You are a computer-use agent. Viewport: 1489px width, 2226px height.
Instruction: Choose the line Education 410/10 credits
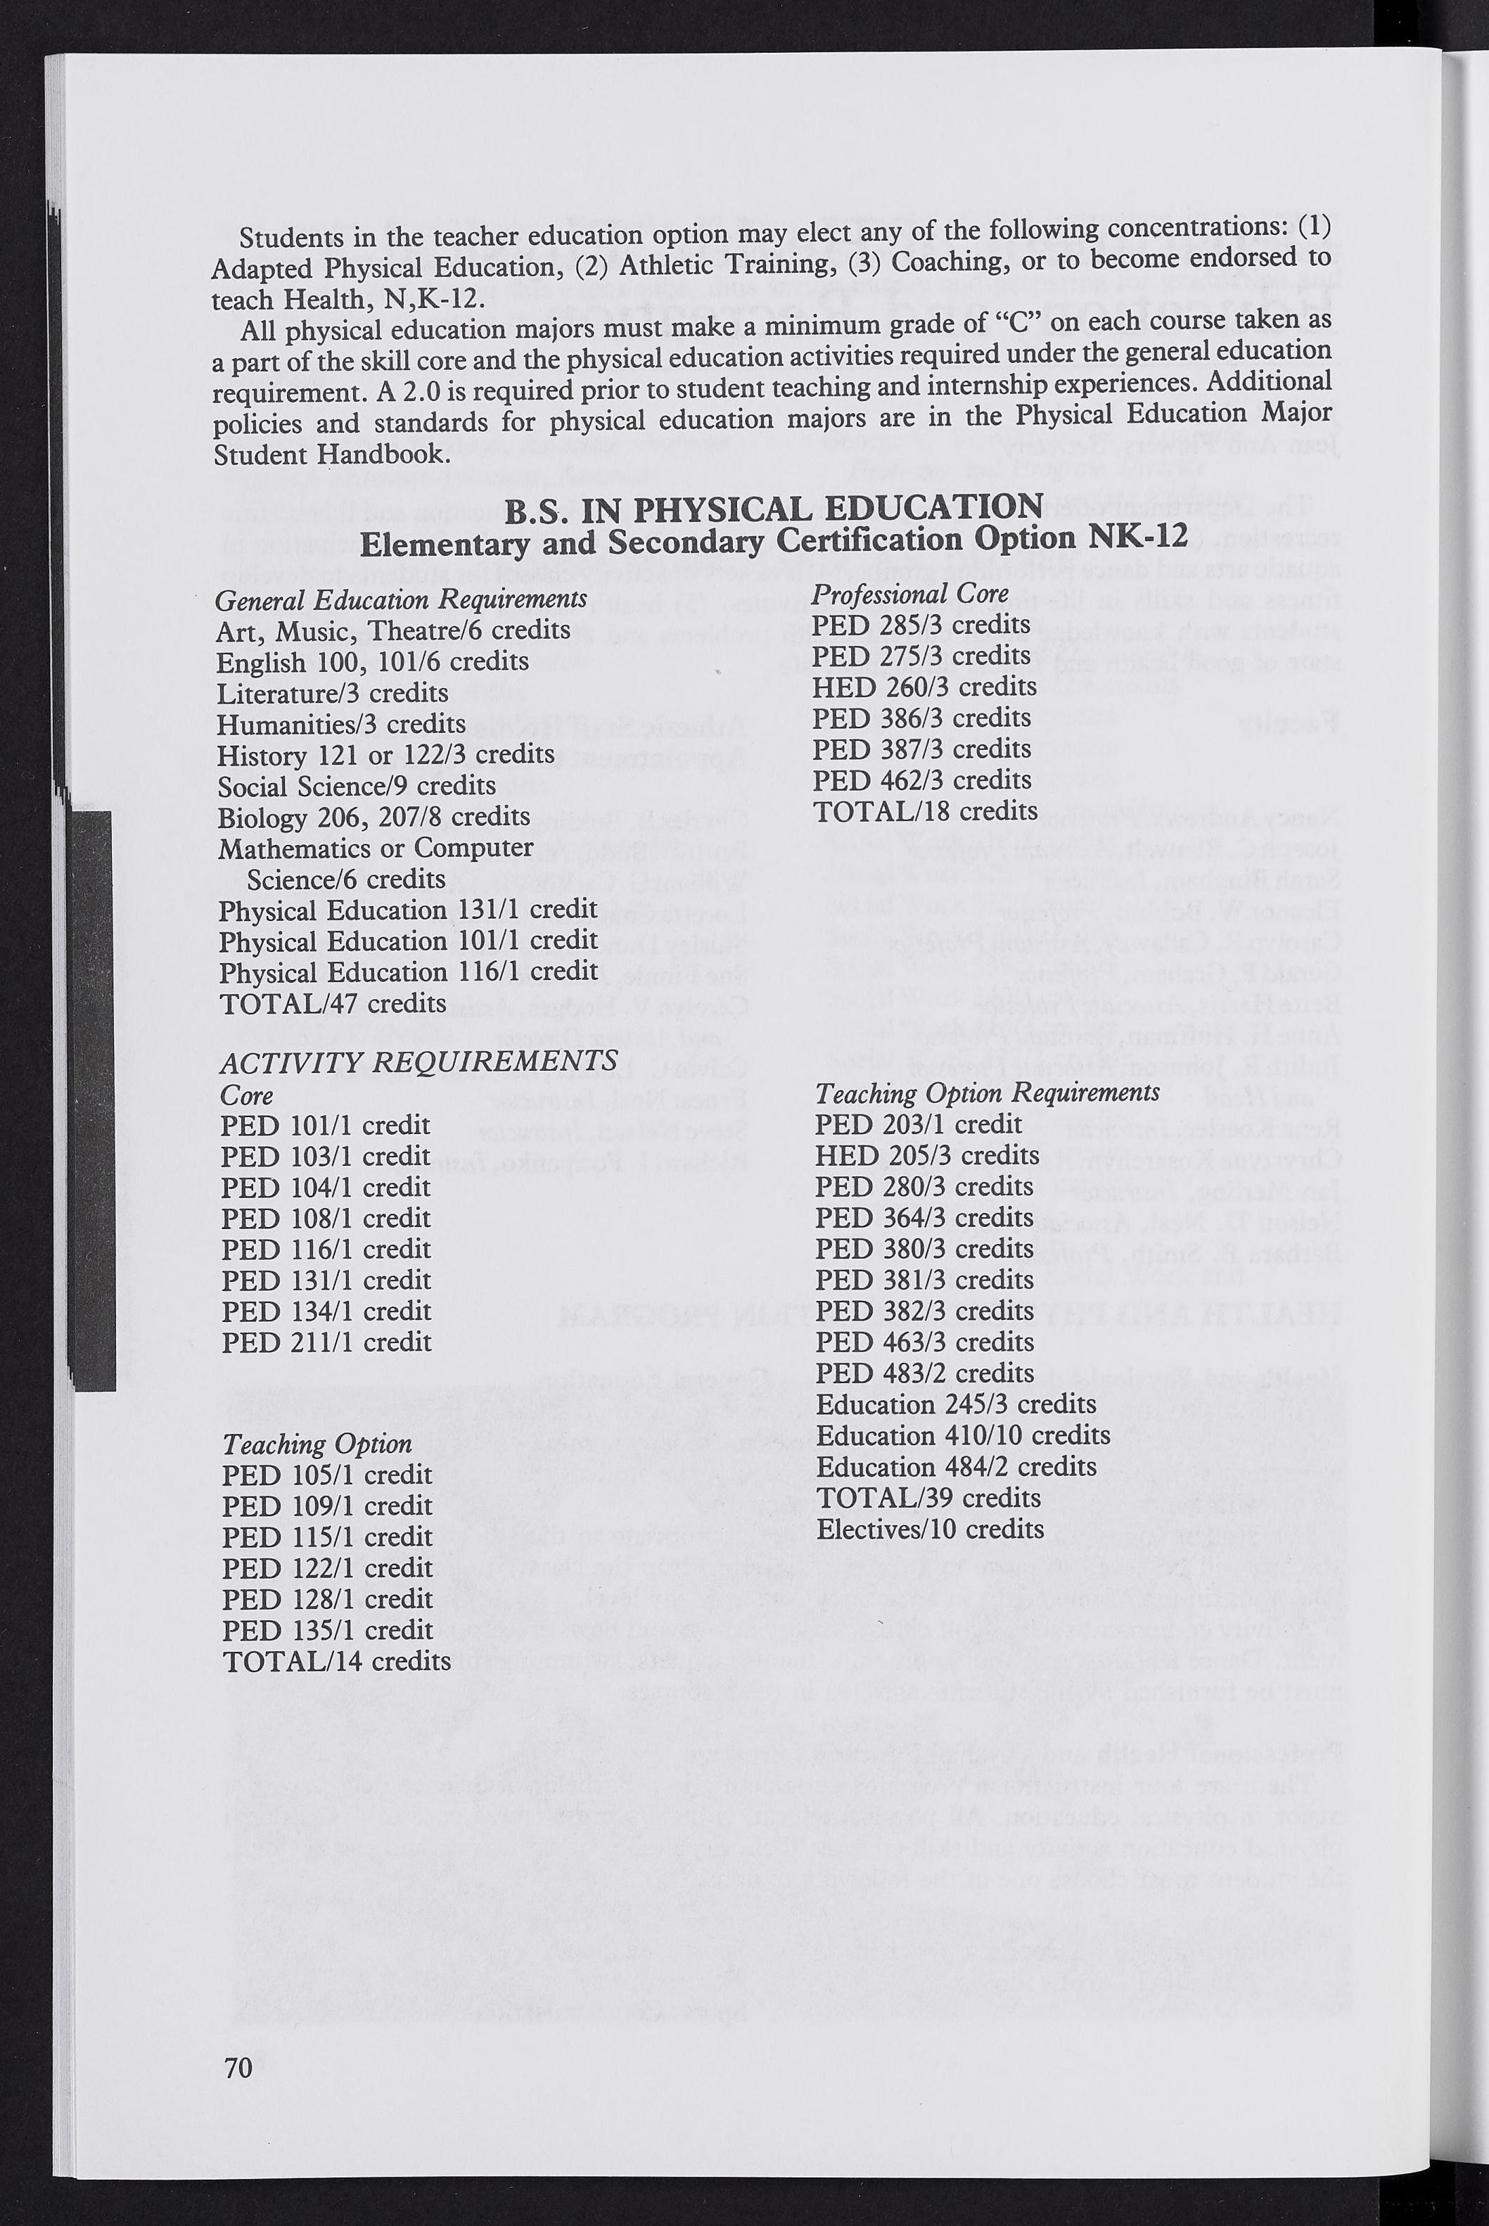coord(963,1435)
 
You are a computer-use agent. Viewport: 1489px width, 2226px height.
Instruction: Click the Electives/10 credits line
coord(930,1529)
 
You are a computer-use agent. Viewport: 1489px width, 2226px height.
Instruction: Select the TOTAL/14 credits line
coord(336,1660)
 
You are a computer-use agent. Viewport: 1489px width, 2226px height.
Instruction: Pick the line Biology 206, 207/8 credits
coord(374,817)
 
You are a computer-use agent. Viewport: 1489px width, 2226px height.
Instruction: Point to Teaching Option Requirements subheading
coord(988,1093)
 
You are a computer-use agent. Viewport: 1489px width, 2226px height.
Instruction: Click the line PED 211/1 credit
coord(326,1342)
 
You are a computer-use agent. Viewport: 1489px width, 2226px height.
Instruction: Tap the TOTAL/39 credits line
coord(928,1498)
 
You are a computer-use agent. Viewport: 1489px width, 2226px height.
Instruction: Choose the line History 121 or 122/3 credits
coord(385,754)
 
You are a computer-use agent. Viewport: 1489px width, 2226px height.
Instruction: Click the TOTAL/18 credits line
coord(925,811)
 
